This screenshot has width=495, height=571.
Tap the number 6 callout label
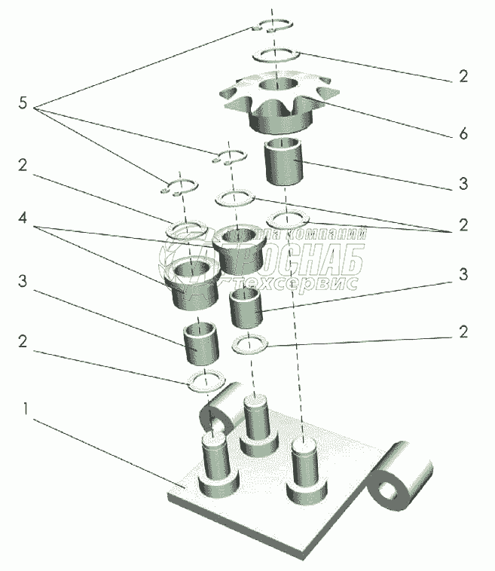[x=463, y=135]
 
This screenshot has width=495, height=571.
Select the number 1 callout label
[x=26, y=411]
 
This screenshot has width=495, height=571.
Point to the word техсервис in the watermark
[x=295, y=284]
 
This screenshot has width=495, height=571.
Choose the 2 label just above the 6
[x=463, y=75]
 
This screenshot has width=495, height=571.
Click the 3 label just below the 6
[x=463, y=183]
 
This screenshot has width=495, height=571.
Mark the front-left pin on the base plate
[x=216, y=460]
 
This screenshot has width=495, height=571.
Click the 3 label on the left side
[x=23, y=282]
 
